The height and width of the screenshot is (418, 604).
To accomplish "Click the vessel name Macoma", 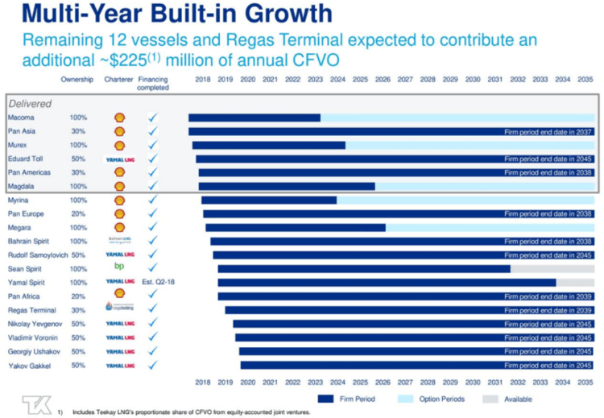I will tap(21, 118).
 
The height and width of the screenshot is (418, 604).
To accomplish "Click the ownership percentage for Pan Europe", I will tap(78, 213).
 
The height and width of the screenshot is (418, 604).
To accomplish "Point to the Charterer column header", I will tap(118, 80).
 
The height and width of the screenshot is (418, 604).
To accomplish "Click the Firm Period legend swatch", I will tap(325, 399).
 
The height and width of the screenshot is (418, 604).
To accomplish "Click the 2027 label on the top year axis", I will tap(405, 80).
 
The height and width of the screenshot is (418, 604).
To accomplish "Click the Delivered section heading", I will tap(30, 104).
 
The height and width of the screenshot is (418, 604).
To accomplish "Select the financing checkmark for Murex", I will tap(153, 145).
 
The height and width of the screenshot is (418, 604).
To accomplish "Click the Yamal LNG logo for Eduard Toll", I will tap(119, 159).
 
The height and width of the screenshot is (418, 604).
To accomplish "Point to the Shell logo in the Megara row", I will tap(119, 228).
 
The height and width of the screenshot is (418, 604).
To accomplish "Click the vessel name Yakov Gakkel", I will tap(28, 365).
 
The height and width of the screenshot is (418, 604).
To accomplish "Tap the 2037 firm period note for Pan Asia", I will tap(548, 131).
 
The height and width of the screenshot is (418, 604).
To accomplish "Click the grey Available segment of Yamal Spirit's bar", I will tap(574, 282).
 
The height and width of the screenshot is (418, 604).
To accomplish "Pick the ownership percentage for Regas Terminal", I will tap(78, 310).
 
